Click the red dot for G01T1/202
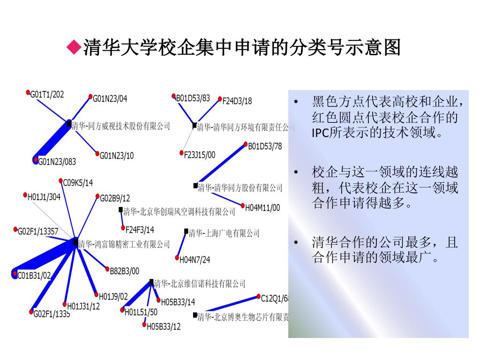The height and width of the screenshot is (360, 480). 28,92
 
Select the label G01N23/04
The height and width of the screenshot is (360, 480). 110,98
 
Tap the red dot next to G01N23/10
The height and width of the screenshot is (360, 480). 97,153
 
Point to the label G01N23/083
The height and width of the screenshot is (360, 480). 57,162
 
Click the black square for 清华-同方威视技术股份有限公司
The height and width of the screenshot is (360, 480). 69,124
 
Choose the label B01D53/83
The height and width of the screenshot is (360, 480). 193,98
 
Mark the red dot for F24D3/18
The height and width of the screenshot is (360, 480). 220,99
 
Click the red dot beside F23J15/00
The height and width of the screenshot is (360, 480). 181,153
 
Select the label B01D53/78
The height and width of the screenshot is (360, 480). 265,146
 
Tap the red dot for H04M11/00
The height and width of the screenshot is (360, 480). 242,205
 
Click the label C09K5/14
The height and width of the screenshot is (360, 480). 78,182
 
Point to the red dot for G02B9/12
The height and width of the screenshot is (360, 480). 97,196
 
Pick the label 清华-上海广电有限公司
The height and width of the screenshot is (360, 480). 224,233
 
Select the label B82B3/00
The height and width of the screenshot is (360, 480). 124,270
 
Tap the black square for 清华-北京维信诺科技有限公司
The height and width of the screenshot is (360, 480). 151,282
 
